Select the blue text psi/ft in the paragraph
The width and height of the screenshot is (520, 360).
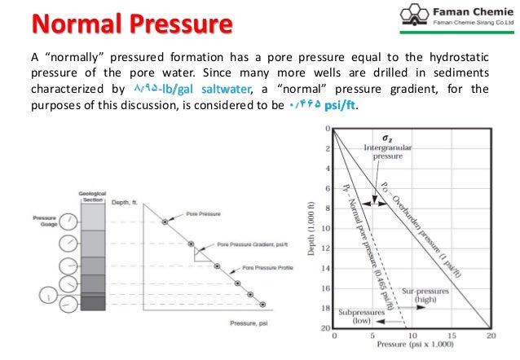pyautogui.click(x=337, y=108)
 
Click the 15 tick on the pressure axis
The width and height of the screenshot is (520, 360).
pyautogui.click(x=452, y=336)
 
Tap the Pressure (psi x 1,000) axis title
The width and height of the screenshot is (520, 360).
pyautogui.click(x=414, y=347)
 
